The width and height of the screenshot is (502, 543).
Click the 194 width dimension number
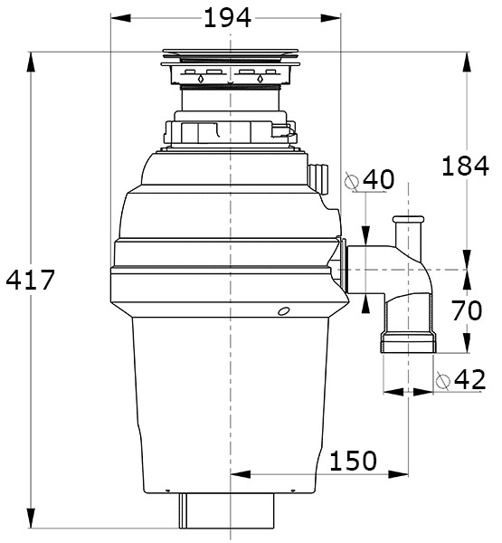tap(227, 18)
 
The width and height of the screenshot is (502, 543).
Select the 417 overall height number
tap(31, 280)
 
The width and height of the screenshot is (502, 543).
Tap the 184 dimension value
tap(465, 166)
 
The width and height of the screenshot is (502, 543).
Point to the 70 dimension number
tap(467, 310)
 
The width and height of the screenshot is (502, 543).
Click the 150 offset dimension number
tap(353, 461)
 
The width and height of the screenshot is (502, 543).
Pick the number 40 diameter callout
tap(378, 179)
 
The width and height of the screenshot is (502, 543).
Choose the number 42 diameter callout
tap(469, 380)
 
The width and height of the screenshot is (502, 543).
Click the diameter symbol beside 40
tap(352, 181)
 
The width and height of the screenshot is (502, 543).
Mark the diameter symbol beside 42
tap(443, 381)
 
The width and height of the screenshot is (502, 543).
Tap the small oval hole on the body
tap(284, 311)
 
